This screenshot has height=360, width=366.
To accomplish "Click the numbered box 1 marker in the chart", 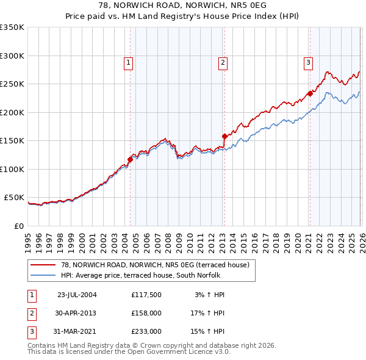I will pos(129,62).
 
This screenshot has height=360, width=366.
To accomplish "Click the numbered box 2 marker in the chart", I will pos(223,62).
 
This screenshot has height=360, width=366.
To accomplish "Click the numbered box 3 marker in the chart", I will pos(308,62).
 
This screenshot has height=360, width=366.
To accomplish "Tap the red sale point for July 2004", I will pos(130,159).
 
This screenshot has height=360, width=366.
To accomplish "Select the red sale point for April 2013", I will pos(224,136).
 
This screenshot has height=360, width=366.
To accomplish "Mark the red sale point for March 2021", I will pos(310,93).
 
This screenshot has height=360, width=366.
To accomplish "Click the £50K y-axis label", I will pos(14,198).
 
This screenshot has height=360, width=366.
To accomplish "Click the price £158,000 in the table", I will pos(146,313).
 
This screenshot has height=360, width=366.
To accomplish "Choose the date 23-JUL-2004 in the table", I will pos(77,295).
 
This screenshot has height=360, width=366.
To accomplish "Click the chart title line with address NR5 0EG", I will pos(183,5).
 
